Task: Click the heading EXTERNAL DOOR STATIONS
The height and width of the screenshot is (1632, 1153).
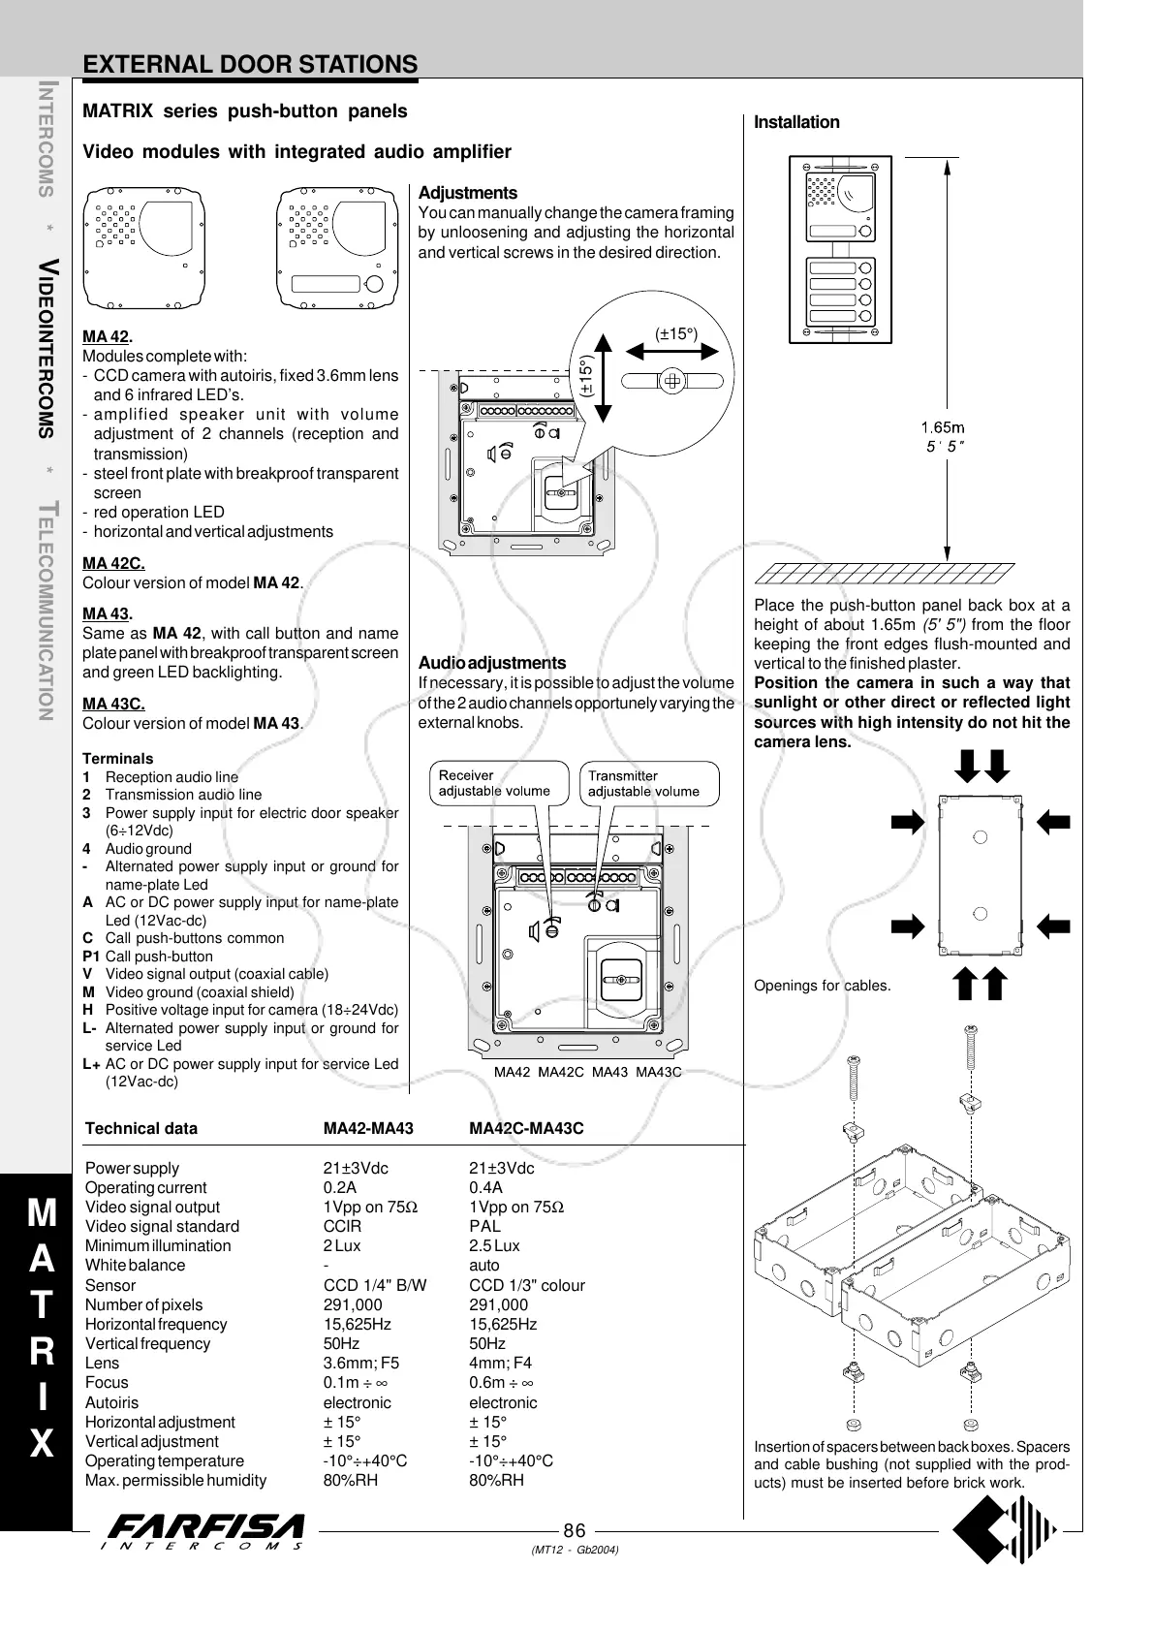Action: [250, 64]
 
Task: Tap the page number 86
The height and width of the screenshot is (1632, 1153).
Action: [575, 1530]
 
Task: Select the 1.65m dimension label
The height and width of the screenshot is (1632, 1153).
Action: [942, 427]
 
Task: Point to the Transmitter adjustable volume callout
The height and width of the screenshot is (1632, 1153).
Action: [644, 783]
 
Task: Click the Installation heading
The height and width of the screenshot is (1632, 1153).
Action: [796, 122]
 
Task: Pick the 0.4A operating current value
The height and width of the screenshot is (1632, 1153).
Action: [485, 1187]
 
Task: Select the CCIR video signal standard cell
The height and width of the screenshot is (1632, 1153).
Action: [342, 1226]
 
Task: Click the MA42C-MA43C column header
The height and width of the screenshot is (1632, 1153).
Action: [526, 1128]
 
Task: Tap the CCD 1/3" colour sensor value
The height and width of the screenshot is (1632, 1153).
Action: [527, 1285]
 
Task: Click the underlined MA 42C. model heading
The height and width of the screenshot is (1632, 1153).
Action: [113, 563]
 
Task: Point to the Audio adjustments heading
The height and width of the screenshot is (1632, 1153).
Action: [492, 663]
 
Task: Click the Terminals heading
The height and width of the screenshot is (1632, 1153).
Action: [117, 759]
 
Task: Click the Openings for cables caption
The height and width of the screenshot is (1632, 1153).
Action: [822, 986]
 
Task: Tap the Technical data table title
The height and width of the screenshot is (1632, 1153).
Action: [141, 1128]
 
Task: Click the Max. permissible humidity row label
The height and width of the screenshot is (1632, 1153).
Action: [175, 1480]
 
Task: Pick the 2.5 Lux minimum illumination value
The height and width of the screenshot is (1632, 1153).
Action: [494, 1245]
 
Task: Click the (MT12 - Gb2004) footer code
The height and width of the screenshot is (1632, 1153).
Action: [575, 1549]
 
